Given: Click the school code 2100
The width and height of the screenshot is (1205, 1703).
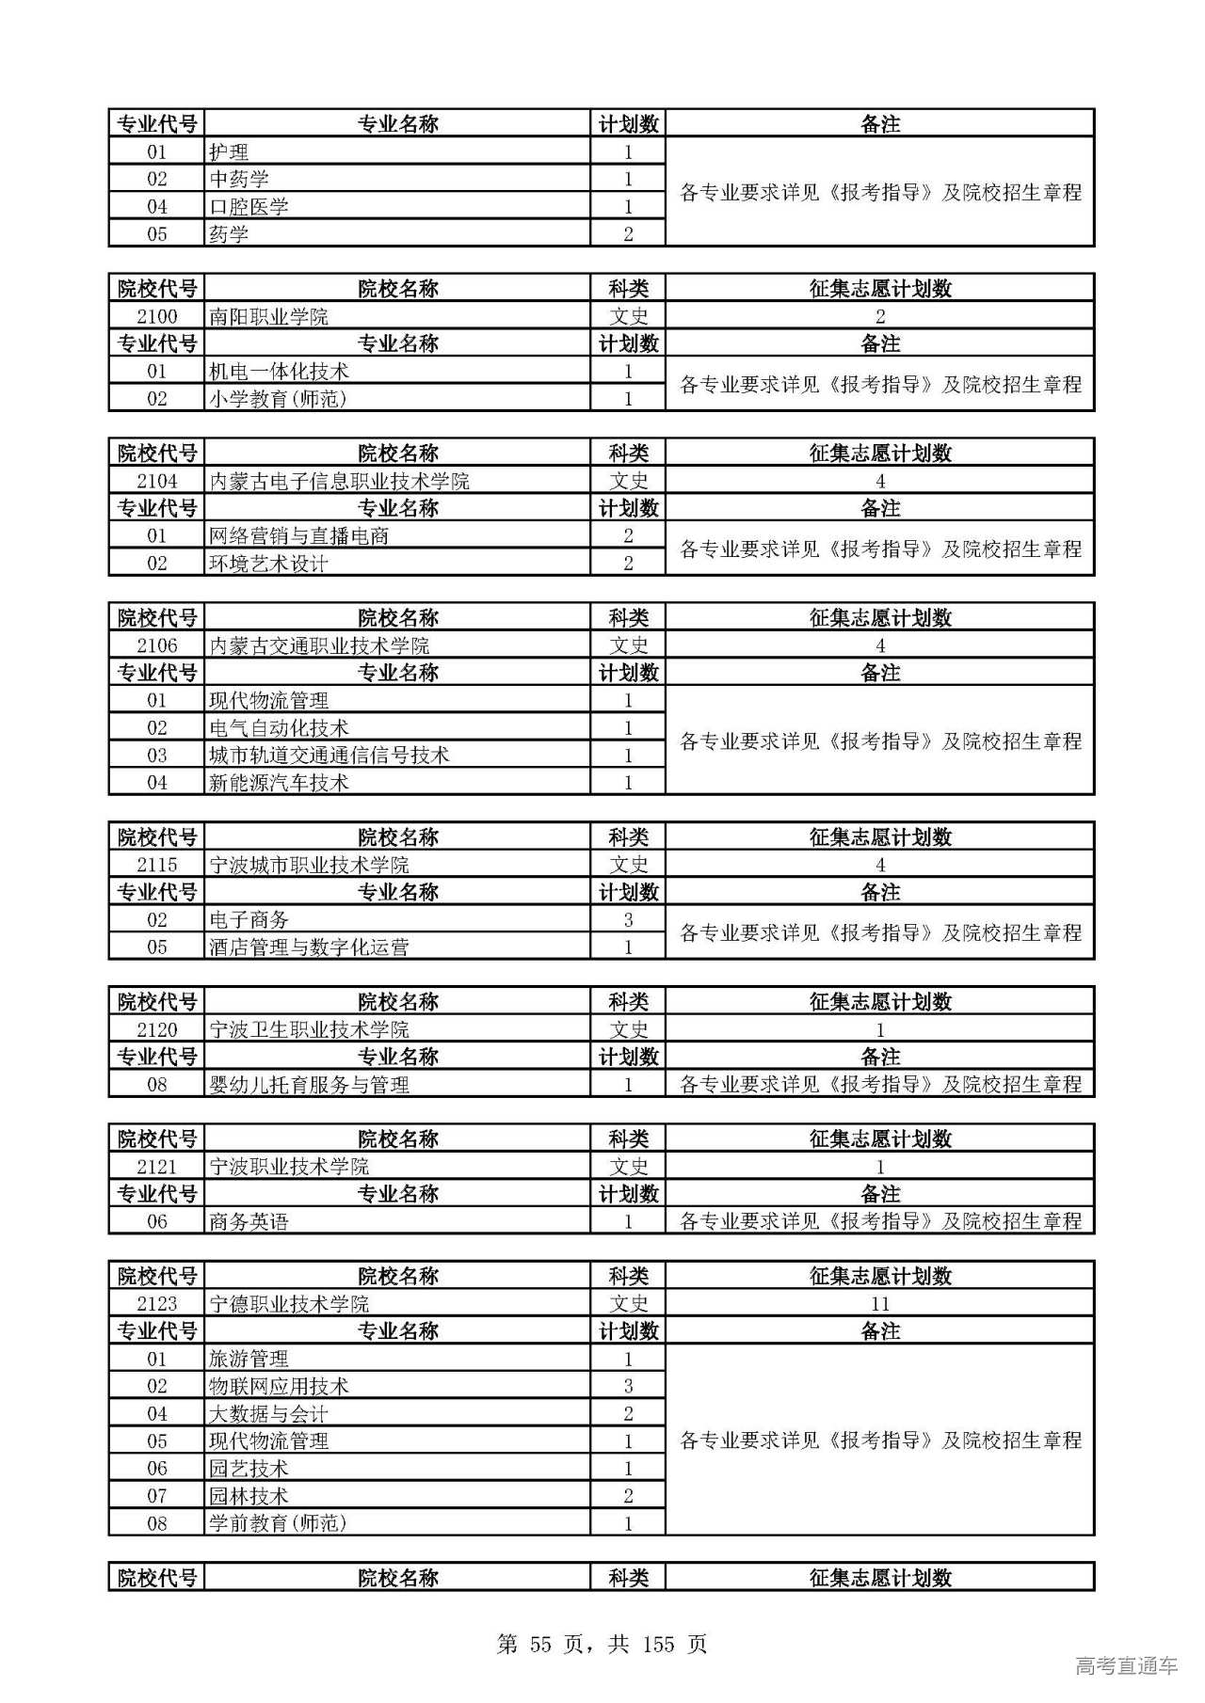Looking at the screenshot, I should coord(156,316).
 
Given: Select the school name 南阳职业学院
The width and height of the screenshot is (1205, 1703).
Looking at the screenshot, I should coord(268,316).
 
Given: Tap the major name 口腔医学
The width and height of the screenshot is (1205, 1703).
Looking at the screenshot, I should coord(249,207).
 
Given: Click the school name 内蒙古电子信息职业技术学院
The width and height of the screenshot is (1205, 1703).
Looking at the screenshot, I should coord(339,481).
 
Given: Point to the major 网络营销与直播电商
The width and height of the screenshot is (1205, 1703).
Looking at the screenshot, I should coord(298,536).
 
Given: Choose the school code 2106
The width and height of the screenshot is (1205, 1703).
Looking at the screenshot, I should coord(156,645).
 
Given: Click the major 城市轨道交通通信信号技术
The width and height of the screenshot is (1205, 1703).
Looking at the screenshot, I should coord(329,756).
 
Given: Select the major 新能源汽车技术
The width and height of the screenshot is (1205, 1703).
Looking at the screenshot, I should coord(279,783).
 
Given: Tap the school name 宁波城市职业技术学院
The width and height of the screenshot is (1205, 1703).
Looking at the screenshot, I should coord(309,865).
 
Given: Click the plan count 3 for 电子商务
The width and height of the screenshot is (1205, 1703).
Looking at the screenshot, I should coord(628,920).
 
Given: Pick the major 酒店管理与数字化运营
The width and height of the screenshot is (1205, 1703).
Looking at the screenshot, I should coord(309,947).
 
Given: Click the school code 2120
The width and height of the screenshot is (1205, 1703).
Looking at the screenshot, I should coord(156,1029).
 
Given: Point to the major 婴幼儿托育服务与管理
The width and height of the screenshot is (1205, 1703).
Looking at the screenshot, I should coord(309,1085).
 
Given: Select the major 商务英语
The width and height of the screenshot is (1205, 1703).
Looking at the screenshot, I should coord(249,1222).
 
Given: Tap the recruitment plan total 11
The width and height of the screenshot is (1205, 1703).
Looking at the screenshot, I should coord(879,1304).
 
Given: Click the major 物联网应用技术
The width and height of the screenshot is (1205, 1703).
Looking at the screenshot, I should coord(279,1386).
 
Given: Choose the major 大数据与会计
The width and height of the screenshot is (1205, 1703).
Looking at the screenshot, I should coord(268,1413).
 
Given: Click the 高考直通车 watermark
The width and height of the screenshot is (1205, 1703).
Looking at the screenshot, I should coord(1126,1665).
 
